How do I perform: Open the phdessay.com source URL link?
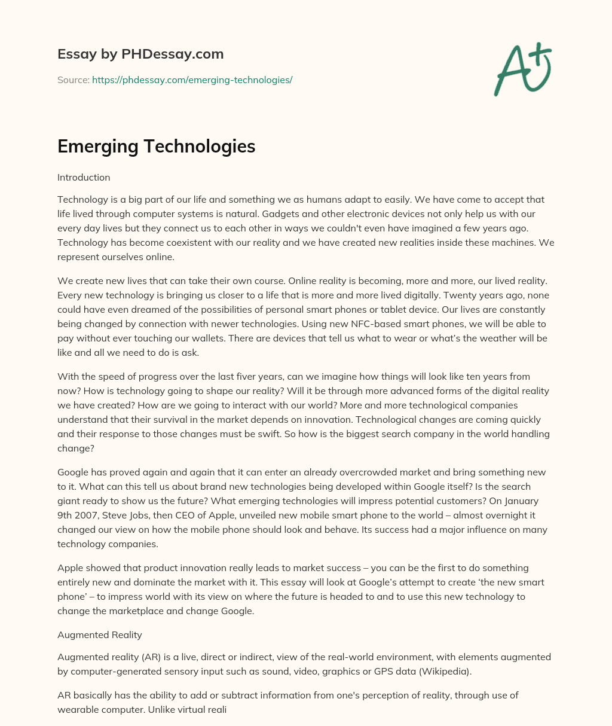[192, 80]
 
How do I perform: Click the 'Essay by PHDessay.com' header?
[140, 54]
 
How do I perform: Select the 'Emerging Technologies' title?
[156, 147]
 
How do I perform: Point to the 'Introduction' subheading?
[84, 178]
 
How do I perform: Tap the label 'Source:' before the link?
[74, 80]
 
